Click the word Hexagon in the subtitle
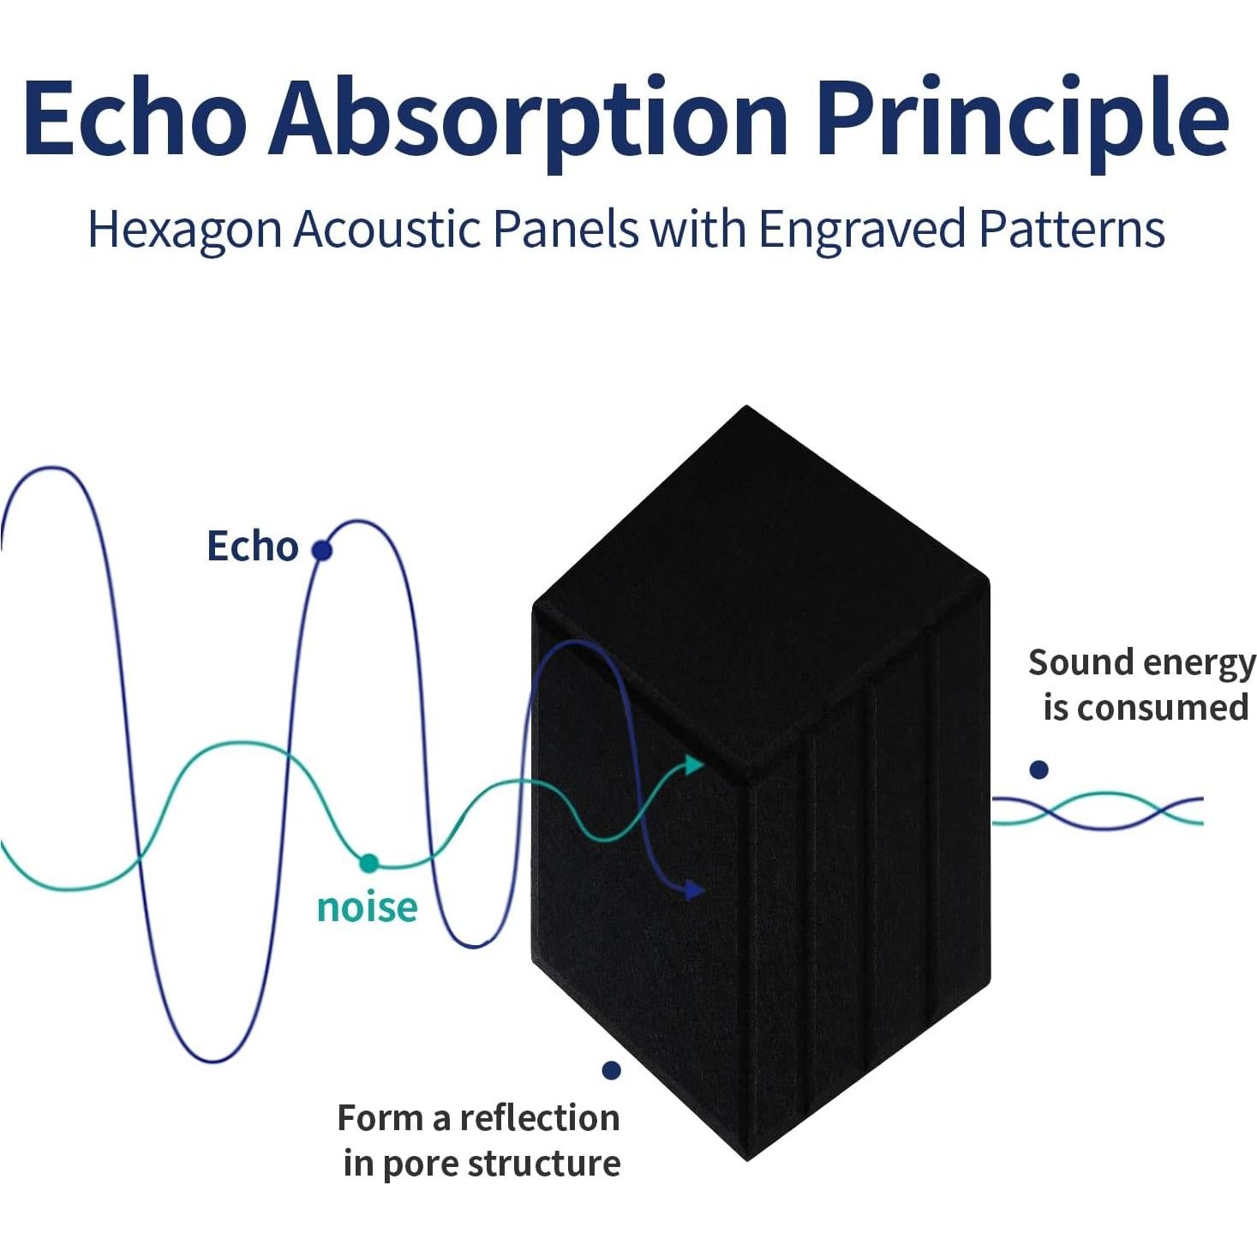pos(184,230)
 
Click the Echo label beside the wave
pos(253,546)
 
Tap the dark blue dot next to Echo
pos(321,551)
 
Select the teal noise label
pos(368,907)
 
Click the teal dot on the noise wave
pos(368,863)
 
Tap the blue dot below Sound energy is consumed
pos(1039,769)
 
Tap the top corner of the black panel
pos(746,406)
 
